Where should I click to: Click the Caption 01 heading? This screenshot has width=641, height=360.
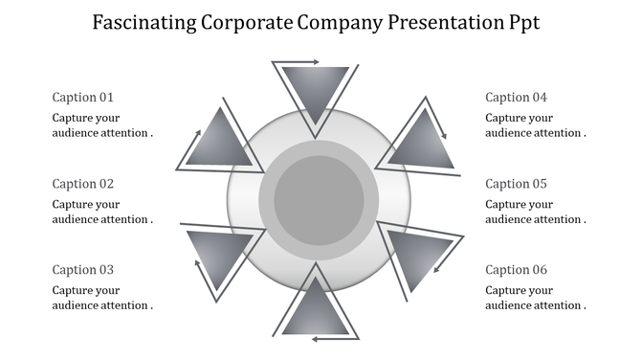click(x=83, y=97)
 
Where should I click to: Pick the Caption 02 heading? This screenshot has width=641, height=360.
click(x=83, y=183)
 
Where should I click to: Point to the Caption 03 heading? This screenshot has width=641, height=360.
click(x=83, y=269)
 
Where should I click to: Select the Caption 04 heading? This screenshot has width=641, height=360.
click(x=517, y=97)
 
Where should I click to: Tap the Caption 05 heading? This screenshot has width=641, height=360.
click(x=517, y=183)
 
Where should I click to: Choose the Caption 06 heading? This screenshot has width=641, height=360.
click(x=517, y=269)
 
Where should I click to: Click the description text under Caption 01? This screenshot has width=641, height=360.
click(x=102, y=125)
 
